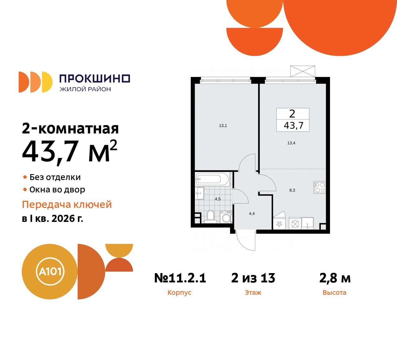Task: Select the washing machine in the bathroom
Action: click(226, 217)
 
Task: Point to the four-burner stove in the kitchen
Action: click(319, 187)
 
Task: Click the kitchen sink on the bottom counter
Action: click(307, 223)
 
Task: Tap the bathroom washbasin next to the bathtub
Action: click(199, 193)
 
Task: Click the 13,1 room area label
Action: click(223, 126)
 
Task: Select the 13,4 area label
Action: click(291, 143)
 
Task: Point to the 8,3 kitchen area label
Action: click(292, 190)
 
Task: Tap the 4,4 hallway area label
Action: click(252, 214)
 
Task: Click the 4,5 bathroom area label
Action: click(218, 199)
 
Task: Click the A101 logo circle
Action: click(50, 272)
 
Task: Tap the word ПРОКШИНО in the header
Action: click(95, 79)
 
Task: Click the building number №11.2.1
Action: click(180, 278)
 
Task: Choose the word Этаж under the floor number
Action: click(253, 293)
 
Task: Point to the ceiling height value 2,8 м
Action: click(335, 278)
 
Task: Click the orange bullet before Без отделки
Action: click(25, 177)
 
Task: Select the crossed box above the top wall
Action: click(303, 71)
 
